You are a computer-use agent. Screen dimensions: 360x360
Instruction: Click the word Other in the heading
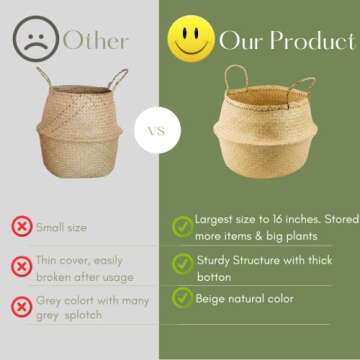pyautogui.click(x=96, y=41)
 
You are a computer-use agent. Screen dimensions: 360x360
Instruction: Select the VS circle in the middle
pyautogui.click(x=157, y=130)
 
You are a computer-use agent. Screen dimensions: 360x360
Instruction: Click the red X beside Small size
pyautogui.click(x=20, y=226)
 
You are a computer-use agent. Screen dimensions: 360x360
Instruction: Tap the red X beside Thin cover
pyautogui.click(x=20, y=266)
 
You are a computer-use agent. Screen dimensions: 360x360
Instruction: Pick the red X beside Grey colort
pyautogui.click(x=20, y=305)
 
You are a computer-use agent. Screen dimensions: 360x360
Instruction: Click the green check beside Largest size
pyautogui.click(x=182, y=226)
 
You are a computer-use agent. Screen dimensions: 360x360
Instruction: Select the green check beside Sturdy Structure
pyautogui.click(x=182, y=263)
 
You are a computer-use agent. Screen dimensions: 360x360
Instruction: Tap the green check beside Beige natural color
pyautogui.click(x=182, y=297)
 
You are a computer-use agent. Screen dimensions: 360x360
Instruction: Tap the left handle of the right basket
pyautogui.click(x=236, y=77)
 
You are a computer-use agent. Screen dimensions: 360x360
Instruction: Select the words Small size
pyautogui.click(x=61, y=227)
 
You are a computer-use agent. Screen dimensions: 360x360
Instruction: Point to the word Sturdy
pyautogui.click(x=214, y=258)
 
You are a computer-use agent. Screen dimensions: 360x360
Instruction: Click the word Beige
pyautogui.click(x=213, y=298)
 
